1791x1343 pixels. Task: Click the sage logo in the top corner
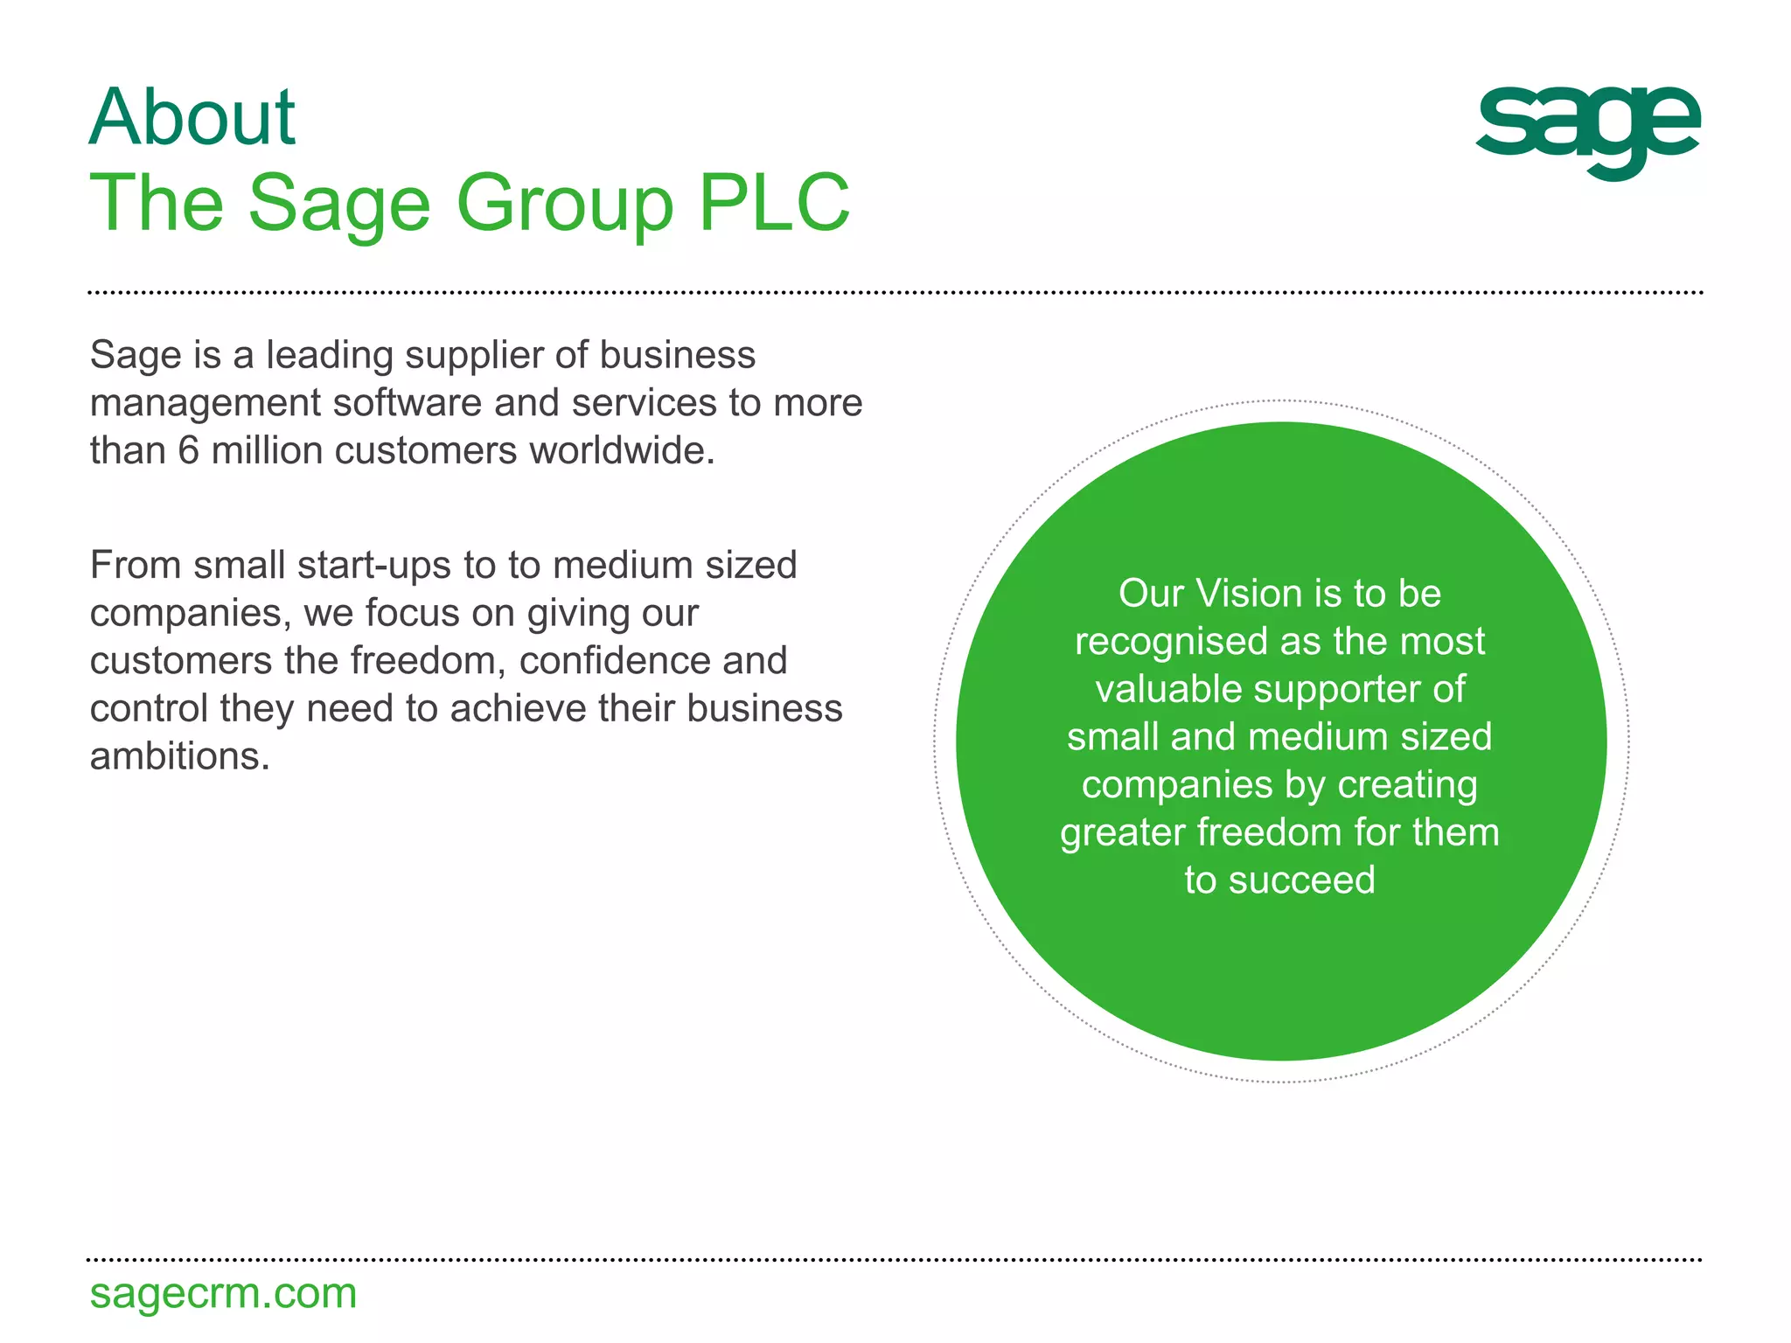[x=1587, y=131]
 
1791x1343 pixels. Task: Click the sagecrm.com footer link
[x=223, y=1293]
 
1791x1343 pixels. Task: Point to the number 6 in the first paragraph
[x=189, y=451]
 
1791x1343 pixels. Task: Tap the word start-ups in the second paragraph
[x=376, y=567]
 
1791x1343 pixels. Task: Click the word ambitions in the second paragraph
[x=179, y=756]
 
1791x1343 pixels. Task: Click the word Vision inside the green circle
[x=1249, y=594]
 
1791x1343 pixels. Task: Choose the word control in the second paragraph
[x=150, y=709]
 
